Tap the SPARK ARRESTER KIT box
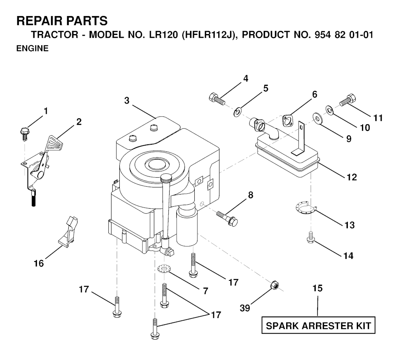[318, 325]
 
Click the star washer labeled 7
[162, 270]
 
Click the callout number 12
[351, 177]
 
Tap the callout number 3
[127, 100]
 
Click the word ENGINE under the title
[32, 49]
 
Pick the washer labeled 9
[316, 117]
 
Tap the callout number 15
[318, 289]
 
